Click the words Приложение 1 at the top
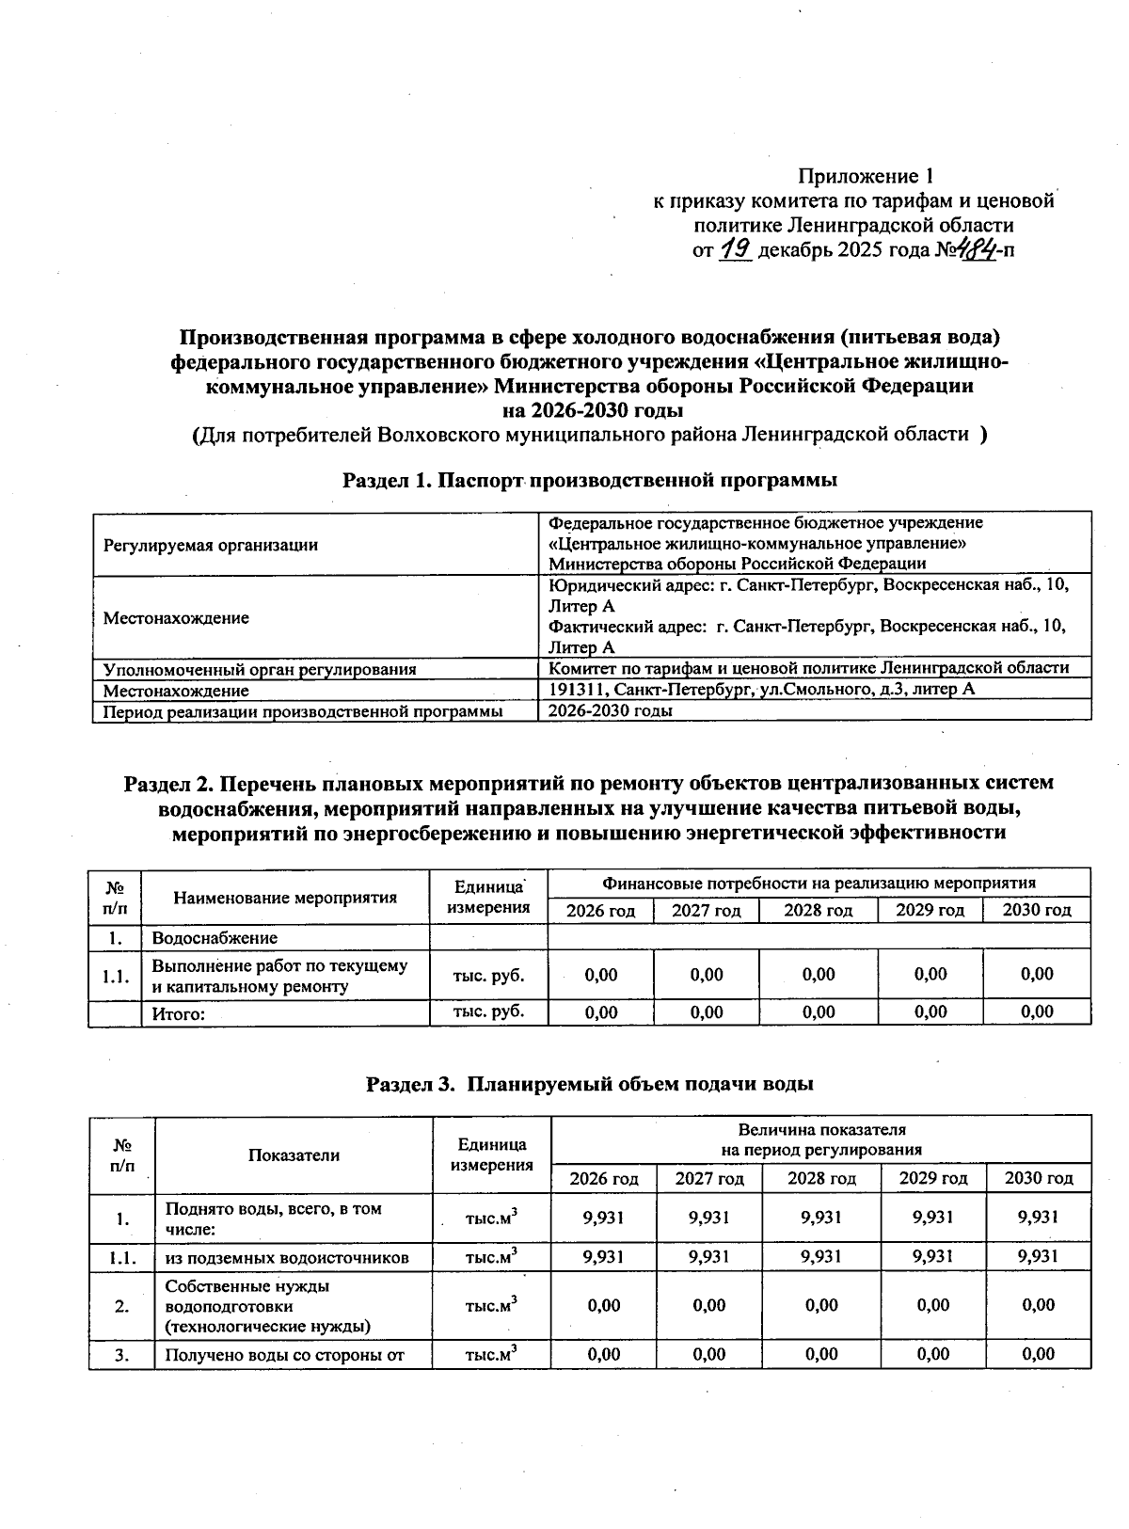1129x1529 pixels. pyautogui.click(x=865, y=176)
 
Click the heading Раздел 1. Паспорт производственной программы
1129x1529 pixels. pyautogui.click(x=589, y=481)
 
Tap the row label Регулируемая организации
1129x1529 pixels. pyautogui.click(x=211, y=545)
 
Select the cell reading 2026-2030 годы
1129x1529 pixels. pyautogui.click(x=611, y=710)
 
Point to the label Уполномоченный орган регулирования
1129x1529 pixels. pyautogui.click(x=260, y=669)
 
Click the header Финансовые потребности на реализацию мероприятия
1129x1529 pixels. pyautogui.click(x=819, y=883)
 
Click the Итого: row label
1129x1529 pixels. pyautogui.click(x=179, y=1013)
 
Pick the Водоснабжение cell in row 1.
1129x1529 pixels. pyautogui.click(x=215, y=938)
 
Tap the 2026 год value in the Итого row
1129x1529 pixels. pyautogui.click(x=601, y=1012)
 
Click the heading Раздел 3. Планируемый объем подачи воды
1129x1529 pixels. pyautogui.click(x=589, y=1083)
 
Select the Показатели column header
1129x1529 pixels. pyautogui.click(x=294, y=1155)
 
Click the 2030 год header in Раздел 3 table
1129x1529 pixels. pyautogui.click(x=1039, y=1178)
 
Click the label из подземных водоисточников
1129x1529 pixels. pyautogui.click(x=287, y=1257)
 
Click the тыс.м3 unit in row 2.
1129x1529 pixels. pyautogui.click(x=492, y=1305)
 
